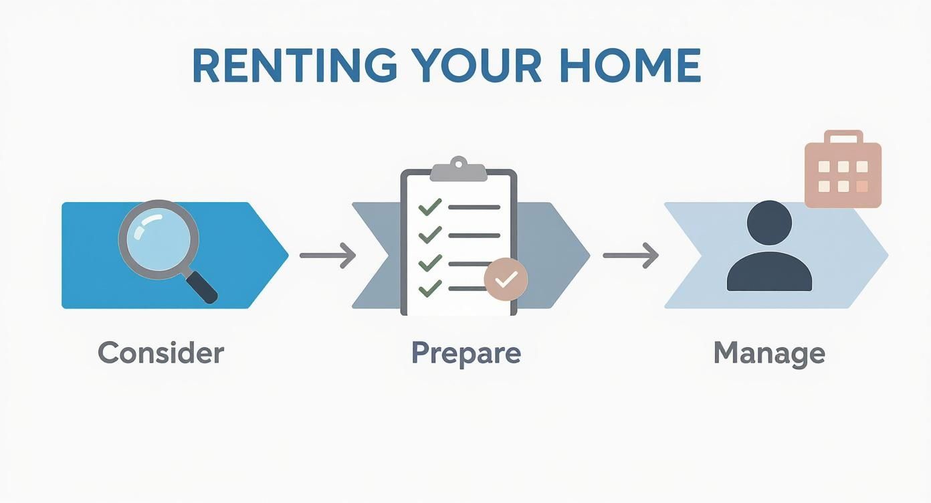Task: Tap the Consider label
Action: pos(161,353)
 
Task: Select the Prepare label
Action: pos(465,353)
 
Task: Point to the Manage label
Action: pos(769,353)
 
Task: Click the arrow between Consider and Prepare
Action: pos(328,255)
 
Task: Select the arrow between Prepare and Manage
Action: pos(631,255)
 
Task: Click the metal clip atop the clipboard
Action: pos(458,170)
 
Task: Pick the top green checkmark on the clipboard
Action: pos(429,206)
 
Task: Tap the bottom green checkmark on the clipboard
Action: pos(429,288)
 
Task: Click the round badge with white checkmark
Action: pos(506,279)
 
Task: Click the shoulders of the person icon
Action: pos(769,273)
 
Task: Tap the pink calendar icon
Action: pos(843,174)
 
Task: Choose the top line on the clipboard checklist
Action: pos(474,207)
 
